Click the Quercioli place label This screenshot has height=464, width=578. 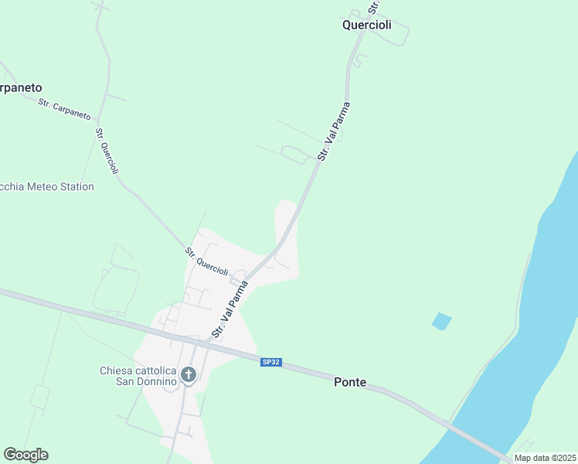[x=367, y=25]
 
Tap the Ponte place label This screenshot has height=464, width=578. [x=349, y=382]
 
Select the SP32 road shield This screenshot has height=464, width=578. [x=270, y=362]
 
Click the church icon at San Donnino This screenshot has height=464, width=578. [x=188, y=376]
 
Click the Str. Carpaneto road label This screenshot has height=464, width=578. [x=64, y=110]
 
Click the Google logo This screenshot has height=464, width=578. [x=25, y=455]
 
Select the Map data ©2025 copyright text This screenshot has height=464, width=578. [x=545, y=458]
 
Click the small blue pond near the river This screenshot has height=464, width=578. [x=441, y=321]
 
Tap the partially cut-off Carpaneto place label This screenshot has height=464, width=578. [x=21, y=87]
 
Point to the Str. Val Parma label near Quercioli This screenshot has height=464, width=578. [x=334, y=131]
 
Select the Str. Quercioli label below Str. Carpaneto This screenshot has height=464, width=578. [x=107, y=151]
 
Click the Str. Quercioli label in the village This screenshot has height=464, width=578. [x=207, y=261]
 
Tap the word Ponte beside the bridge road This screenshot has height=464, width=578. [x=349, y=382]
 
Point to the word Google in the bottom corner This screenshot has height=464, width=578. [x=25, y=455]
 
